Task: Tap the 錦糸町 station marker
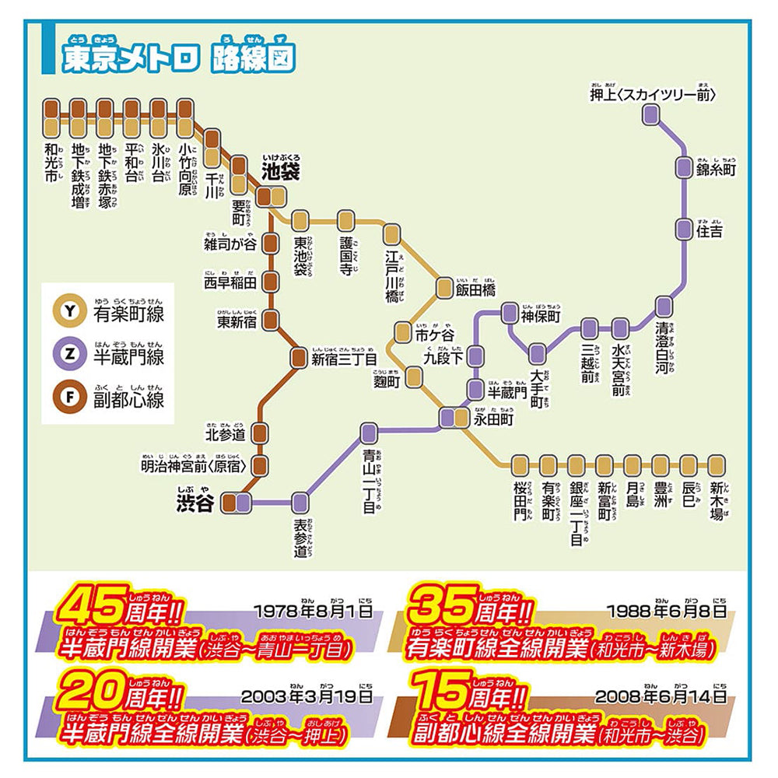pyautogui.click(x=683, y=166)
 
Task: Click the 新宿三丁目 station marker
pyautogui.click(x=299, y=358)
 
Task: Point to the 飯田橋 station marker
pyautogui.click(x=444, y=289)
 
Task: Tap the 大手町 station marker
pyautogui.click(x=538, y=353)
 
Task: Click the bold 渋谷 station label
pyautogui.click(x=195, y=503)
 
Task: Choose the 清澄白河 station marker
pyautogui.click(x=663, y=306)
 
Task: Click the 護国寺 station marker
pyautogui.click(x=346, y=220)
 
